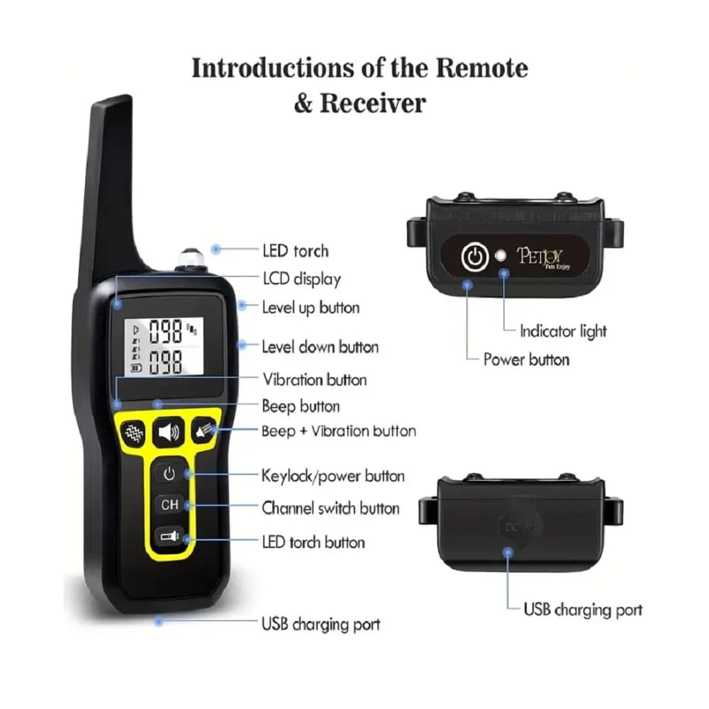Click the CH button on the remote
169,505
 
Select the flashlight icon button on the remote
169,537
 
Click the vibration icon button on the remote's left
132,431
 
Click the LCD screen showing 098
164,347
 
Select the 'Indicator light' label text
563,331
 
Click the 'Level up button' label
311,308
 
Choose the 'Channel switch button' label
330,508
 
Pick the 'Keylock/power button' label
333,476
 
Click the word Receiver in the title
372,104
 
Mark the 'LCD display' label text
301,279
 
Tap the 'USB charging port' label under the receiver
583,610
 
